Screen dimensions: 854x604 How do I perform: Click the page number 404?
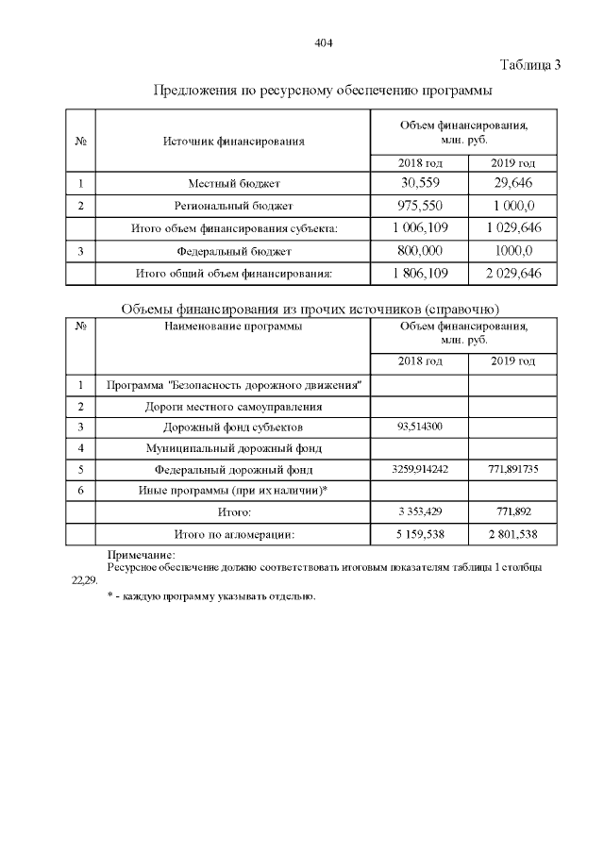pos(324,43)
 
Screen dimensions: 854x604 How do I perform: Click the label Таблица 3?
pos(530,65)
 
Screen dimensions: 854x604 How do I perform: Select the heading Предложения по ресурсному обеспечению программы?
pos(323,91)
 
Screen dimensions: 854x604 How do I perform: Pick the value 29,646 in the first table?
pos(513,182)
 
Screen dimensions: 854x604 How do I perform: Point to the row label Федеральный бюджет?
pos(234,251)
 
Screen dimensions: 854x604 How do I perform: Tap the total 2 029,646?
pos(513,274)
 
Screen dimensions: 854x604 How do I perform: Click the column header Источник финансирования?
pos(233,142)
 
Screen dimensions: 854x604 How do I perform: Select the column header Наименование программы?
pos(233,327)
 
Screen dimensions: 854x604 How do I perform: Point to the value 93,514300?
pos(420,427)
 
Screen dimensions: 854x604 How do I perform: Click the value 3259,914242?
pos(420,469)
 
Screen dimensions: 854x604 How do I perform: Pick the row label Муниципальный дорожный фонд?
pos(234,447)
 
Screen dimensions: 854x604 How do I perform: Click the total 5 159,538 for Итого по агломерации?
pos(420,534)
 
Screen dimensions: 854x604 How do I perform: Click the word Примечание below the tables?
pos(142,555)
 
